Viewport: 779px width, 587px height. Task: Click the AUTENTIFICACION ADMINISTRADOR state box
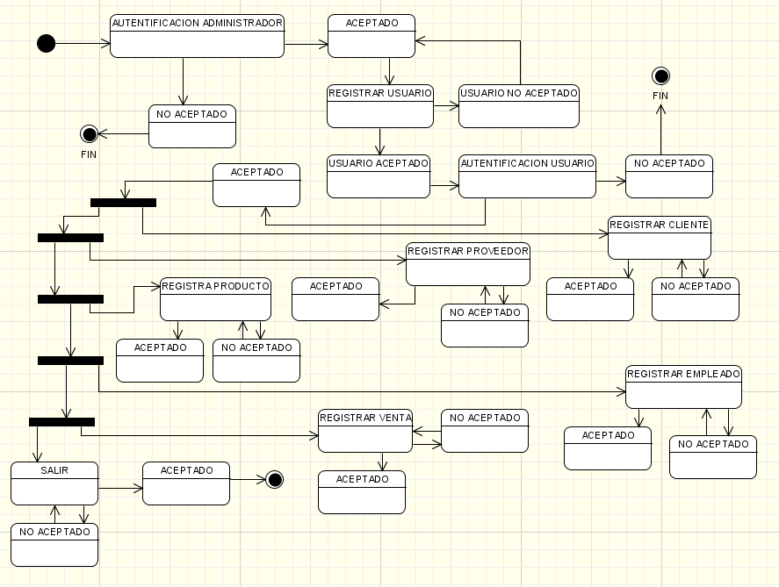197,36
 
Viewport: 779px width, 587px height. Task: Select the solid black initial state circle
46,43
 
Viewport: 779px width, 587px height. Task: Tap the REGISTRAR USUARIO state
379,106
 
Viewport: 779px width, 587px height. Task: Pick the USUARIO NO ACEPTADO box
518,106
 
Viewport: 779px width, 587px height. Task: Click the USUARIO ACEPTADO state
378,176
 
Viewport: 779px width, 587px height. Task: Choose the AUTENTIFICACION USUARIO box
527,176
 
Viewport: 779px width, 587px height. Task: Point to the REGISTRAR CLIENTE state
659,238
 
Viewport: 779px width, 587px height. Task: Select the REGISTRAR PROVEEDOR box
467,264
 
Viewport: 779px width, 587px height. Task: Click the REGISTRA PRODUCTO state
215,299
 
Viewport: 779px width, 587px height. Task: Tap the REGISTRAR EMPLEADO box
682,387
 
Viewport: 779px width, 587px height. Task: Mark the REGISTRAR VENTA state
364,431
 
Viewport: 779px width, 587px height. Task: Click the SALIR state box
54,483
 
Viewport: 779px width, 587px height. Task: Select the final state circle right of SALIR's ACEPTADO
274,479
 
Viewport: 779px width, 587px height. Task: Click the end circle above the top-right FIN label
660,76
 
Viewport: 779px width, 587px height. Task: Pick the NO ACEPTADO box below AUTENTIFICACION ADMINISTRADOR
192,126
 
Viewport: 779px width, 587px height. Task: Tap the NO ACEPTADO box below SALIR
54,545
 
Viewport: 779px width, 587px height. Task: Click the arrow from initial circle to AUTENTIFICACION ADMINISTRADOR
83,42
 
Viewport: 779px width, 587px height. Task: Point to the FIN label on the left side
88,154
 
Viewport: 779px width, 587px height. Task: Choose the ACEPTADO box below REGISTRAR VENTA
362,492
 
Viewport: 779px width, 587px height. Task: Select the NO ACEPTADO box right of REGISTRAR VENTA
485,431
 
